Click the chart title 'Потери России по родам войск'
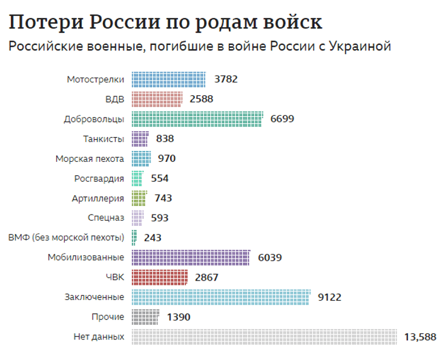165,22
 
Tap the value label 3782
226,79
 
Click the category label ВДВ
114,99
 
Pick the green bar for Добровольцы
197,119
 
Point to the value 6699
282,119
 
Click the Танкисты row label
104,139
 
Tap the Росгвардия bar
137,178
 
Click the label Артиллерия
97,198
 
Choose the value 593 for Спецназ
159,218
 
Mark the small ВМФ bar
134,237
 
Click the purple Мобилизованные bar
191,257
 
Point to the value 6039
269,257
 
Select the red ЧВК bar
160,277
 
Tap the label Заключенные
94,297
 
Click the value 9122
329,297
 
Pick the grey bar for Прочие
145,317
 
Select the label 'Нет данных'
99,337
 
